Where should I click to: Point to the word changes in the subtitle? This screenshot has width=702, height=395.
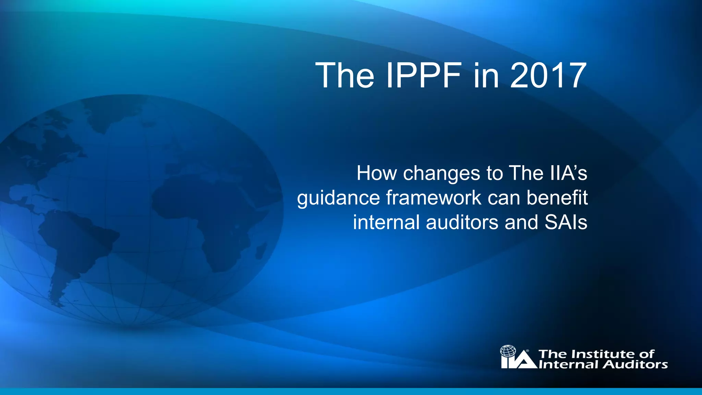(x=441, y=173)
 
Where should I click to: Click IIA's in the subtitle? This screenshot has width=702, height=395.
(x=569, y=173)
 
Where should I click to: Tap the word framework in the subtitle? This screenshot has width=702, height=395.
(x=434, y=198)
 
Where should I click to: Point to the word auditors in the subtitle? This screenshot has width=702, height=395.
(x=462, y=223)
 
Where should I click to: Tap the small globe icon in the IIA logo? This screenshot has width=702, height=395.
(x=508, y=351)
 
